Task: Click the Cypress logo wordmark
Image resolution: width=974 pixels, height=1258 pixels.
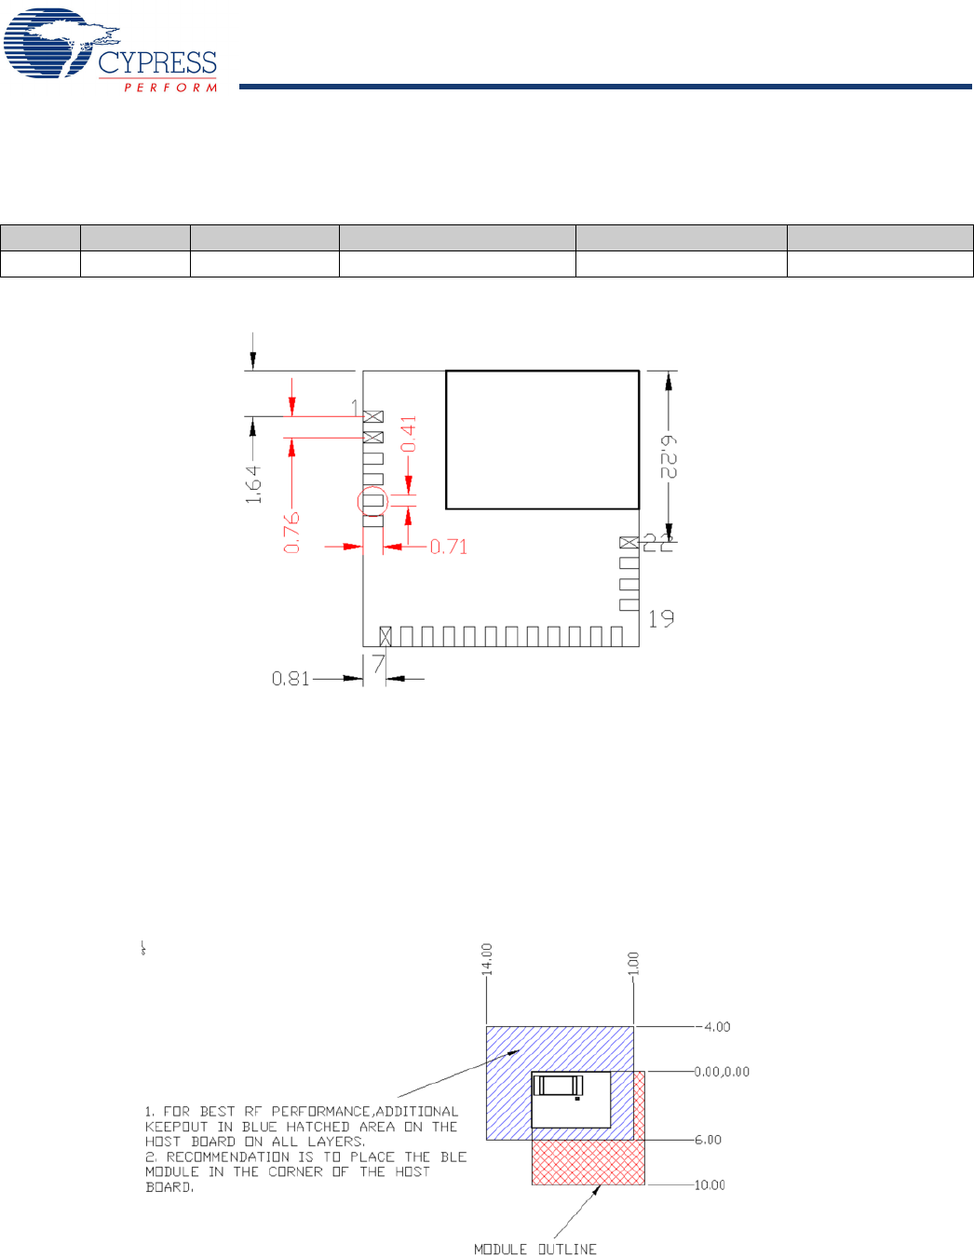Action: (157, 62)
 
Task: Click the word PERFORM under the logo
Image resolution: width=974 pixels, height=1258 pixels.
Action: (170, 88)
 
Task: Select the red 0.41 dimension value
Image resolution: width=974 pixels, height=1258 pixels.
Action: (409, 434)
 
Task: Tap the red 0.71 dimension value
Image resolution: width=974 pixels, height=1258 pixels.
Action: (449, 547)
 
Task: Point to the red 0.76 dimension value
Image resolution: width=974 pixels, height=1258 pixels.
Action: (291, 533)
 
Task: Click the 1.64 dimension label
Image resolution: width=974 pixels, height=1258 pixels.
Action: (253, 484)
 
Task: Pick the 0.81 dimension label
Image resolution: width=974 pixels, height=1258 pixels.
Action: (291, 679)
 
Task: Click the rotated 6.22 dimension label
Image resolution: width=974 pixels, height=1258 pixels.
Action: (669, 457)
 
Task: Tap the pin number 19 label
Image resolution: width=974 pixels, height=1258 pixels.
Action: (661, 619)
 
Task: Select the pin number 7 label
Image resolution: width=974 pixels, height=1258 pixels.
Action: (378, 663)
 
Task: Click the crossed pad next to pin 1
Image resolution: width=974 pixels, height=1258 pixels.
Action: (373, 416)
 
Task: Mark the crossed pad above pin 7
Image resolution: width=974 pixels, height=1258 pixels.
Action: (386, 636)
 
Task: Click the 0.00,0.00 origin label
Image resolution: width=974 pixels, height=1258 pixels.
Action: (722, 1072)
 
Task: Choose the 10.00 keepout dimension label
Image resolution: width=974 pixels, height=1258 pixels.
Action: (710, 1185)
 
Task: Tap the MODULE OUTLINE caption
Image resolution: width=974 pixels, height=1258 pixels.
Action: (535, 1250)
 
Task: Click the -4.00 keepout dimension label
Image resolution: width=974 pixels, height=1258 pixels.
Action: (713, 1026)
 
